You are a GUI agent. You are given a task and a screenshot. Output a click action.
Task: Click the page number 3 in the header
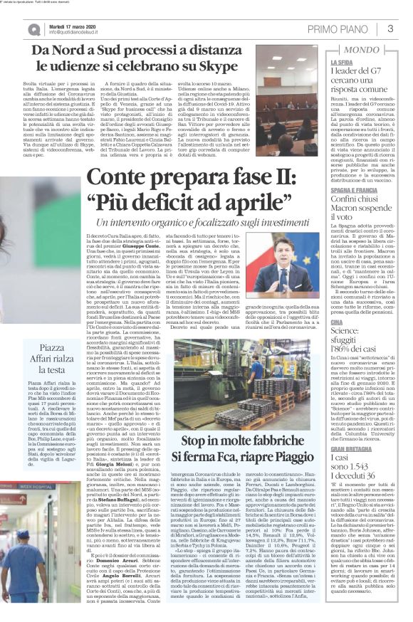pos(390,28)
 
